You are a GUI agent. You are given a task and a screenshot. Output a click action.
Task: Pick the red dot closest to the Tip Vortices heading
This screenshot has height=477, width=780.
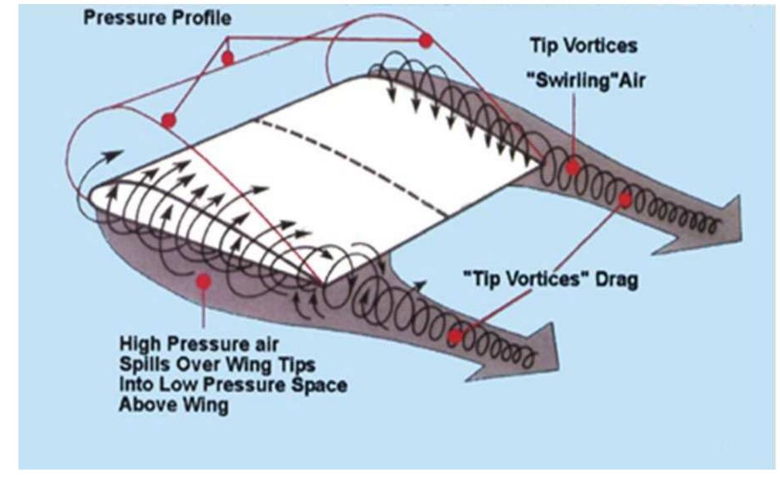tap(425, 41)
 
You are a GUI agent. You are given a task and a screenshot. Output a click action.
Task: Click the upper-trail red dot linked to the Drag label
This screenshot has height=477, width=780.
tap(624, 199)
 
